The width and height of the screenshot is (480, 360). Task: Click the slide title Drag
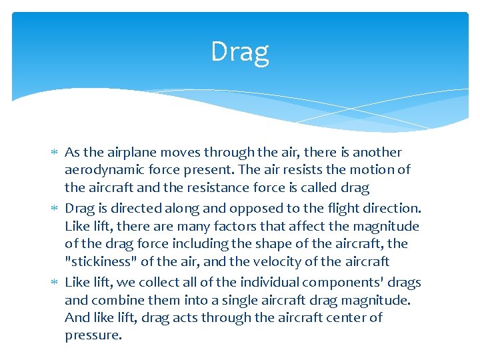click(240, 51)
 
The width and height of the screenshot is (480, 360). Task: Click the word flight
click(347, 209)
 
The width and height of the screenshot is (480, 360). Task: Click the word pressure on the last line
click(93, 335)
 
